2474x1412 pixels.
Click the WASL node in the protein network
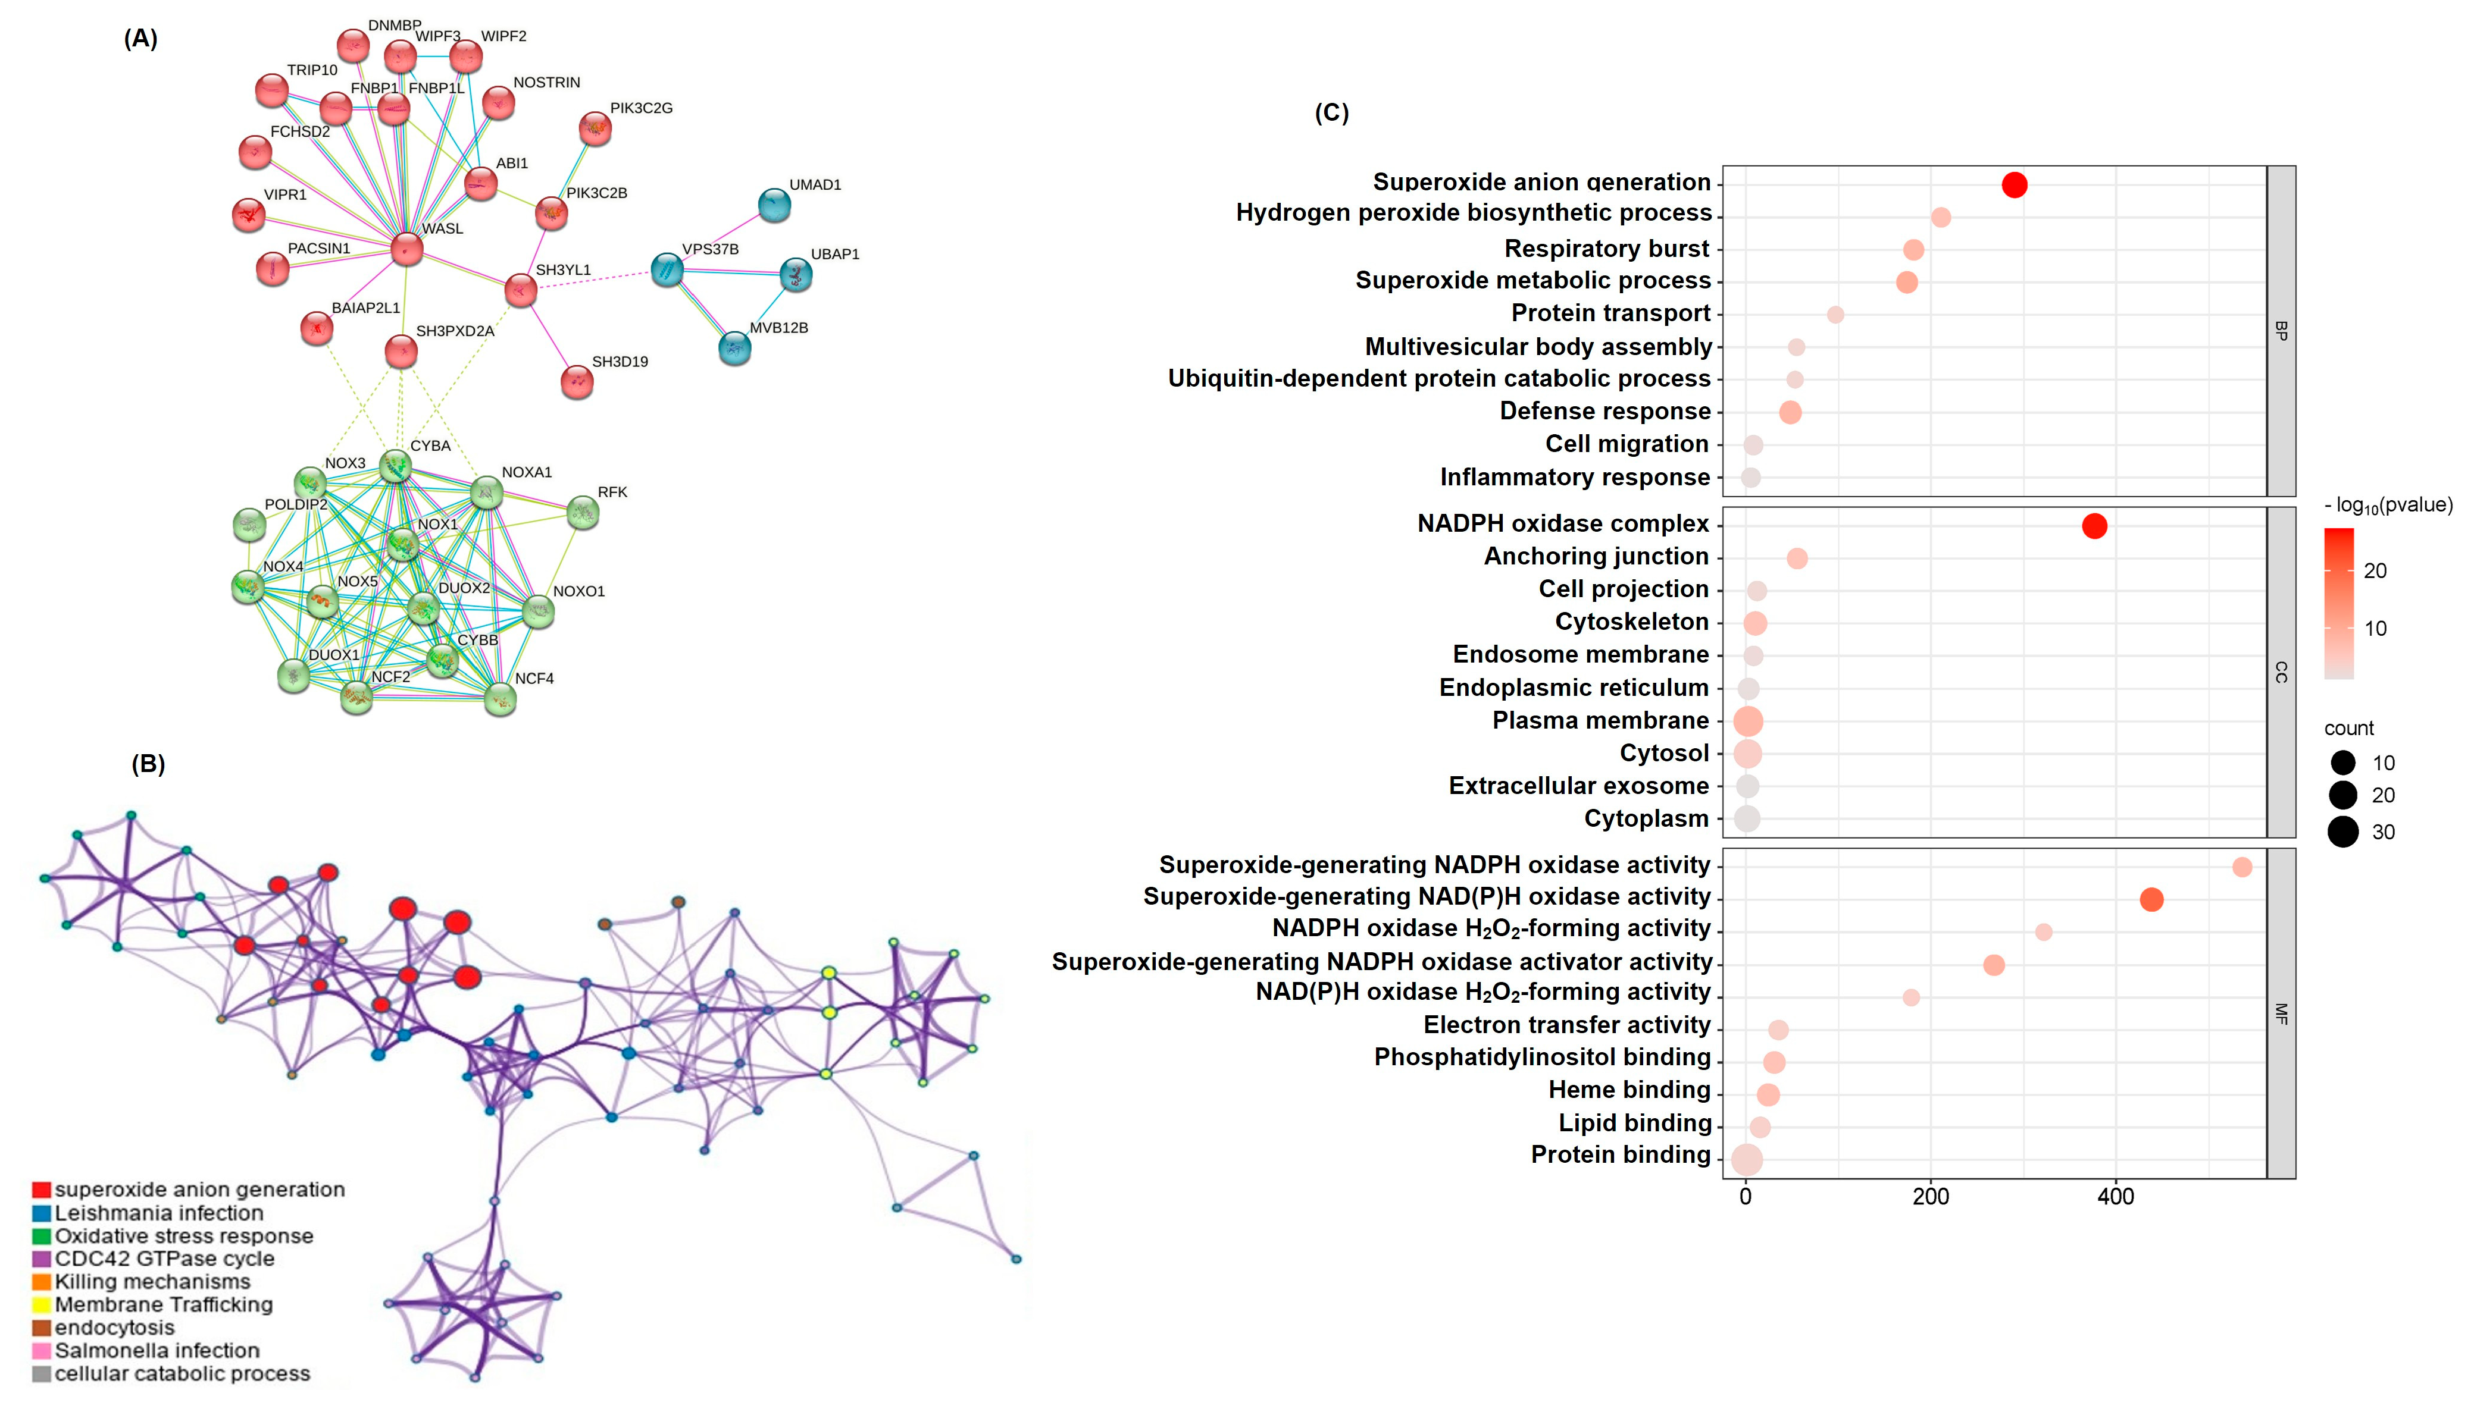click(x=406, y=249)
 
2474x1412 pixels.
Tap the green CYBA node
click(x=395, y=466)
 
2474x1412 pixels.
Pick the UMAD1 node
click(x=773, y=205)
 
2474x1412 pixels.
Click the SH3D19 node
click(x=577, y=382)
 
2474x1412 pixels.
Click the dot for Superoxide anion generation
click(x=2014, y=184)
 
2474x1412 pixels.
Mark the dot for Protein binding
click(x=1746, y=1159)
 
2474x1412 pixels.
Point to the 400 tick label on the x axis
click(x=2116, y=1197)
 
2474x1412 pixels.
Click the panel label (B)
click(x=148, y=764)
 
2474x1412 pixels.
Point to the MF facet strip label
click(x=2281, y=1013)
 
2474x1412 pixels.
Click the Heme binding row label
click(x=1629, y=1090)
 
